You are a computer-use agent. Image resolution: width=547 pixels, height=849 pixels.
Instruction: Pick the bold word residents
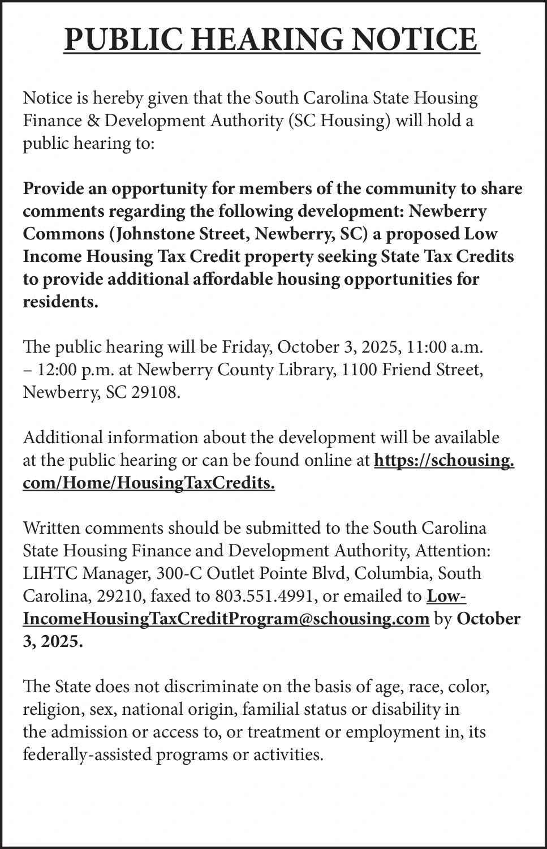[61, 302]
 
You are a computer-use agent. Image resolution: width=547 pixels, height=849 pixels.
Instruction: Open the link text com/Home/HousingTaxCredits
[149, 483]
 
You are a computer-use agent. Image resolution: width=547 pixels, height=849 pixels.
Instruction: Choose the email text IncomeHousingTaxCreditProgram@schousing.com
[226, 619]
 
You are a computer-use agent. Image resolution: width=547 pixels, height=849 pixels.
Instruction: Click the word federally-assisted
[91, 754]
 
